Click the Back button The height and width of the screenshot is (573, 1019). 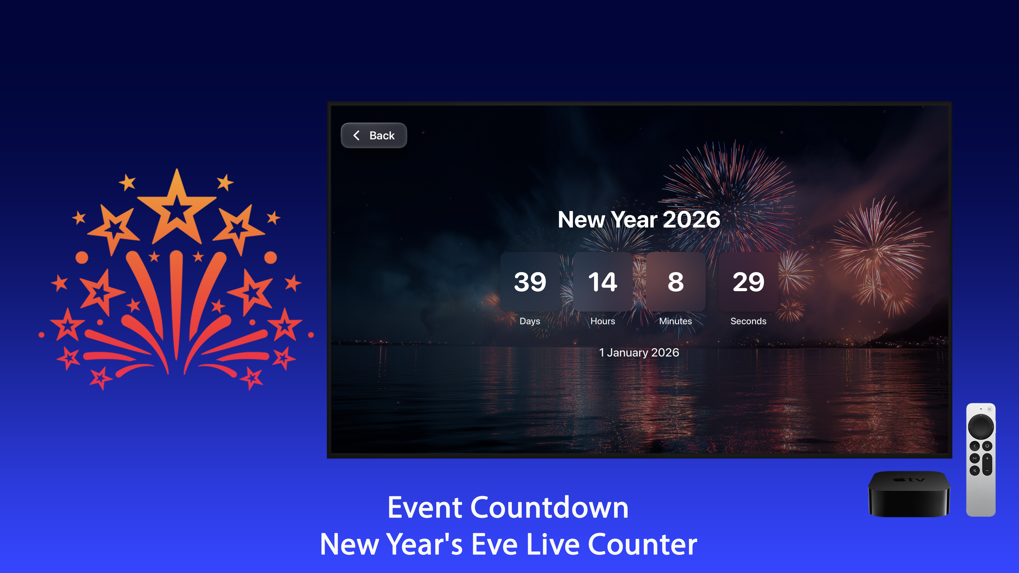[374, 136]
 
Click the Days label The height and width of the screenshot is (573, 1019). [530, 321]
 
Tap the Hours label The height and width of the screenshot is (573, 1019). [602, 321]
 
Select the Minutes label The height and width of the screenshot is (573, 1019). [675, 321]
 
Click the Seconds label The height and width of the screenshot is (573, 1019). [748, 321]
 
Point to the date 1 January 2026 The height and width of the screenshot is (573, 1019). [639, 352]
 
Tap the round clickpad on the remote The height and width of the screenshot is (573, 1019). [981, 426]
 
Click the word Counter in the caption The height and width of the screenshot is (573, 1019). [642, 545]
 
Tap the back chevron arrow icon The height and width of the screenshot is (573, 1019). [356, 136]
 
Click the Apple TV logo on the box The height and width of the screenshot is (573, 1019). [909, 480]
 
